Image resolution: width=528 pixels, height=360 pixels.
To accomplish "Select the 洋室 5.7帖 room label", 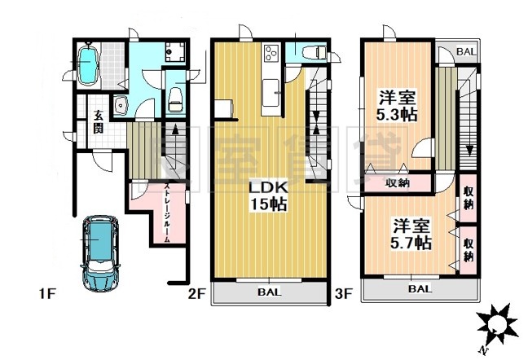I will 407,233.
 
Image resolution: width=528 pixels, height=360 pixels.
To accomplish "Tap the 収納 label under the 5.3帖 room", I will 397,182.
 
